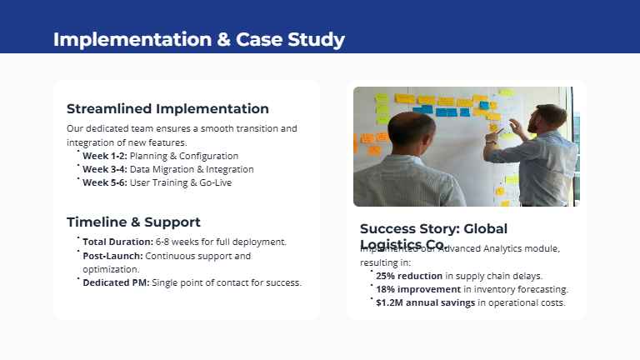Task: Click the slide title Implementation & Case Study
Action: coord(198,39)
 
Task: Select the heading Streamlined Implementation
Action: coord(167,109)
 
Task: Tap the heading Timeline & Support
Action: coord(133,222)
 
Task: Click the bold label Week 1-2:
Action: coord(104,156)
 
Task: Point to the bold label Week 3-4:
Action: coord(104,169)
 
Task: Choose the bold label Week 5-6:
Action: coord(104,182)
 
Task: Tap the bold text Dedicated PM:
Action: coord(116,282)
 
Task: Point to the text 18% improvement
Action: coord(418,289)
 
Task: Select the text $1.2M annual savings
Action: coord(425,302)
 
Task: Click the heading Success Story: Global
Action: coord(433,229)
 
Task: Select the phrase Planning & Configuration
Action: coord(184,156)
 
